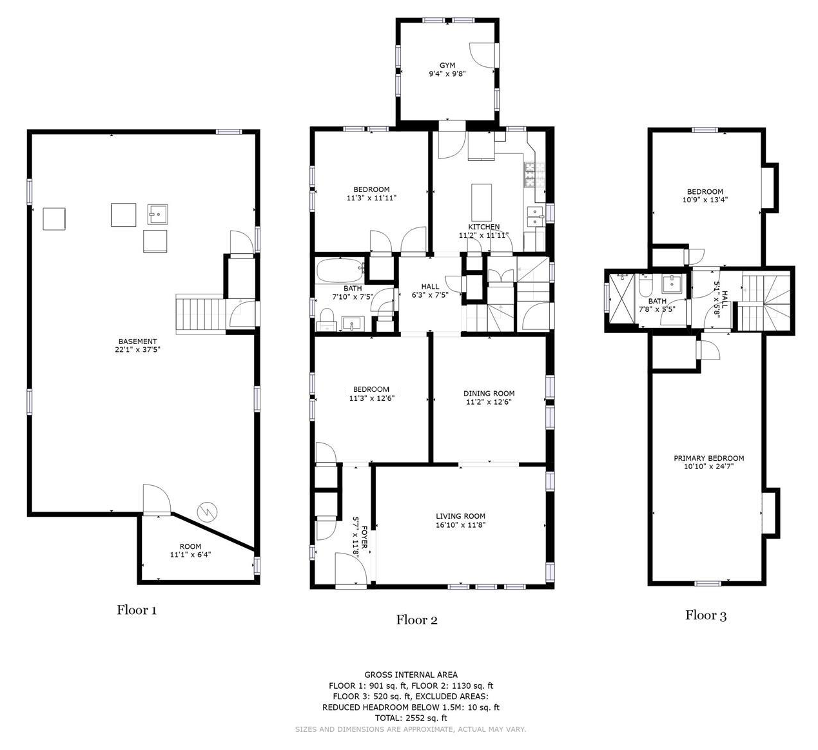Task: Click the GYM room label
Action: (x=447, y=65)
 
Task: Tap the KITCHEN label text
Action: (x=483, y=227)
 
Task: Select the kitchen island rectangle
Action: (x=482, y=202)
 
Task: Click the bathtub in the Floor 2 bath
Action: (x=340, y=270)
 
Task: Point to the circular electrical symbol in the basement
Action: (x=207, y=512)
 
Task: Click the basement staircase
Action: (x=200, y=316)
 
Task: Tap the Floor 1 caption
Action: (x=137, y=610)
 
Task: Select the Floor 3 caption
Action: (x=706, y=615)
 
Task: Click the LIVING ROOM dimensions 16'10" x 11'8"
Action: (x=460, y=525)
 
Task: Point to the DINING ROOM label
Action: (x=489, y=393)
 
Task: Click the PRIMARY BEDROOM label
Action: (x=708, y=458)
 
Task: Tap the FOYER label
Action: (x=365, y=537)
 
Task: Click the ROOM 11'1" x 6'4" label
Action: (x=190, y=550)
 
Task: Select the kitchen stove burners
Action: (x=529, y=174)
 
